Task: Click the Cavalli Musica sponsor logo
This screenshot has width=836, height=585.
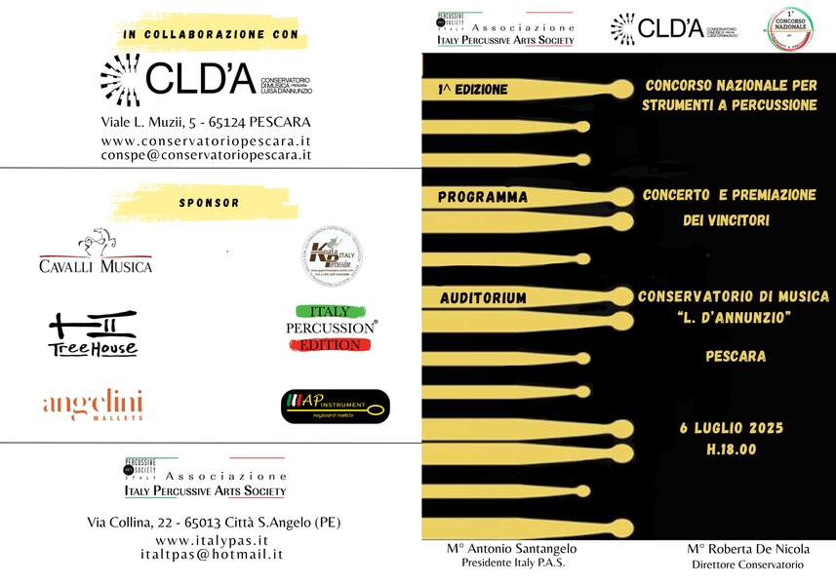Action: point(96,252)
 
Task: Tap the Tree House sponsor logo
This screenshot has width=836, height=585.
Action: point(93,333)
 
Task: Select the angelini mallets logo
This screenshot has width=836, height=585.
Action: point(94,405)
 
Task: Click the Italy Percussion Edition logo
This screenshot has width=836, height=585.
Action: point(330,329)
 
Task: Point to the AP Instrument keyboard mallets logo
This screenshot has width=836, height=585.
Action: point(335,407)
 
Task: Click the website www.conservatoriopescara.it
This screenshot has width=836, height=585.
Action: point(206,140)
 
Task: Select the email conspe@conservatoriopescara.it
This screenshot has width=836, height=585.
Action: point(206,155)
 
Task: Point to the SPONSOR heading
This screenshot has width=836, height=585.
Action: point(209,203)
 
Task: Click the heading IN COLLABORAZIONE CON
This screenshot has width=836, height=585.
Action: point(209,35)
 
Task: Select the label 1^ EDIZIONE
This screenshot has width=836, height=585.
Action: point(473,90)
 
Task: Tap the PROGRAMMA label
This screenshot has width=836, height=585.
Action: point(482,197)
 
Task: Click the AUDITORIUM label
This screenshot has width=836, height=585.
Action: point(482,297)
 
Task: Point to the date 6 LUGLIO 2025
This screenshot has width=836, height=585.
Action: point(732,428)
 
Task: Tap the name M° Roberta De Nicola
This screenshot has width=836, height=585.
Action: point(747,549)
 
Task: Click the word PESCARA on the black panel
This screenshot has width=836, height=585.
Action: point(736,356)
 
